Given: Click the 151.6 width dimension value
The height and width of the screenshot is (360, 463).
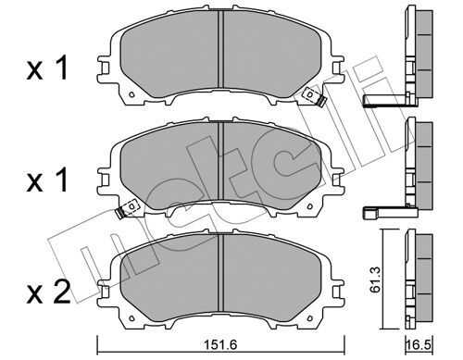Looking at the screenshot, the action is point(220,344).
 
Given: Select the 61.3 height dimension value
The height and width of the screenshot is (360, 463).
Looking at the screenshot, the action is point(377,279).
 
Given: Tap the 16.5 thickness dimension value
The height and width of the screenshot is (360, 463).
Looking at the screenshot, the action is point(419,344).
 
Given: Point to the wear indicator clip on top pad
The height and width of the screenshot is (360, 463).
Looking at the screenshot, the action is point(314,96).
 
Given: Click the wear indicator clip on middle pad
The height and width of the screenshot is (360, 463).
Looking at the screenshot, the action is point(127,209).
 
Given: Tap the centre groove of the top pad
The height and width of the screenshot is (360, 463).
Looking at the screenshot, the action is point(220,49).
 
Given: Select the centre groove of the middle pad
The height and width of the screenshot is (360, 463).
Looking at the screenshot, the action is point(220,160).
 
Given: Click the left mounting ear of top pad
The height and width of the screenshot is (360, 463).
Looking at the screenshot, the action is point(104,68).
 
